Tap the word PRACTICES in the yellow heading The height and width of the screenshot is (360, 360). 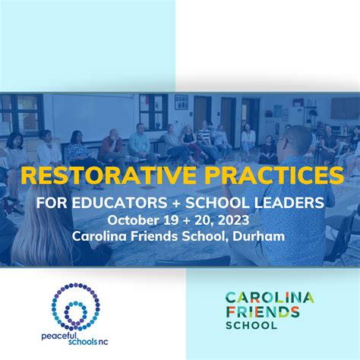274,175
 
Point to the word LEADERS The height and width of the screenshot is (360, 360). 289,203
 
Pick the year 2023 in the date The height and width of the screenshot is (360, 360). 233,220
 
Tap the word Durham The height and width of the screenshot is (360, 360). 258,236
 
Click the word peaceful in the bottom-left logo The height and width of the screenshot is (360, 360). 55,336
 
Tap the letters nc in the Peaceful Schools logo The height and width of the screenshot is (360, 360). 103,343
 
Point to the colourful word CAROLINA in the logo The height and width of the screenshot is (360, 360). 270,298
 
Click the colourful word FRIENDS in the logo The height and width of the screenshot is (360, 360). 263,312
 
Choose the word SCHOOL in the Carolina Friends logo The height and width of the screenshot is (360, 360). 251,325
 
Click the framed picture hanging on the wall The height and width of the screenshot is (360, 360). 182,103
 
